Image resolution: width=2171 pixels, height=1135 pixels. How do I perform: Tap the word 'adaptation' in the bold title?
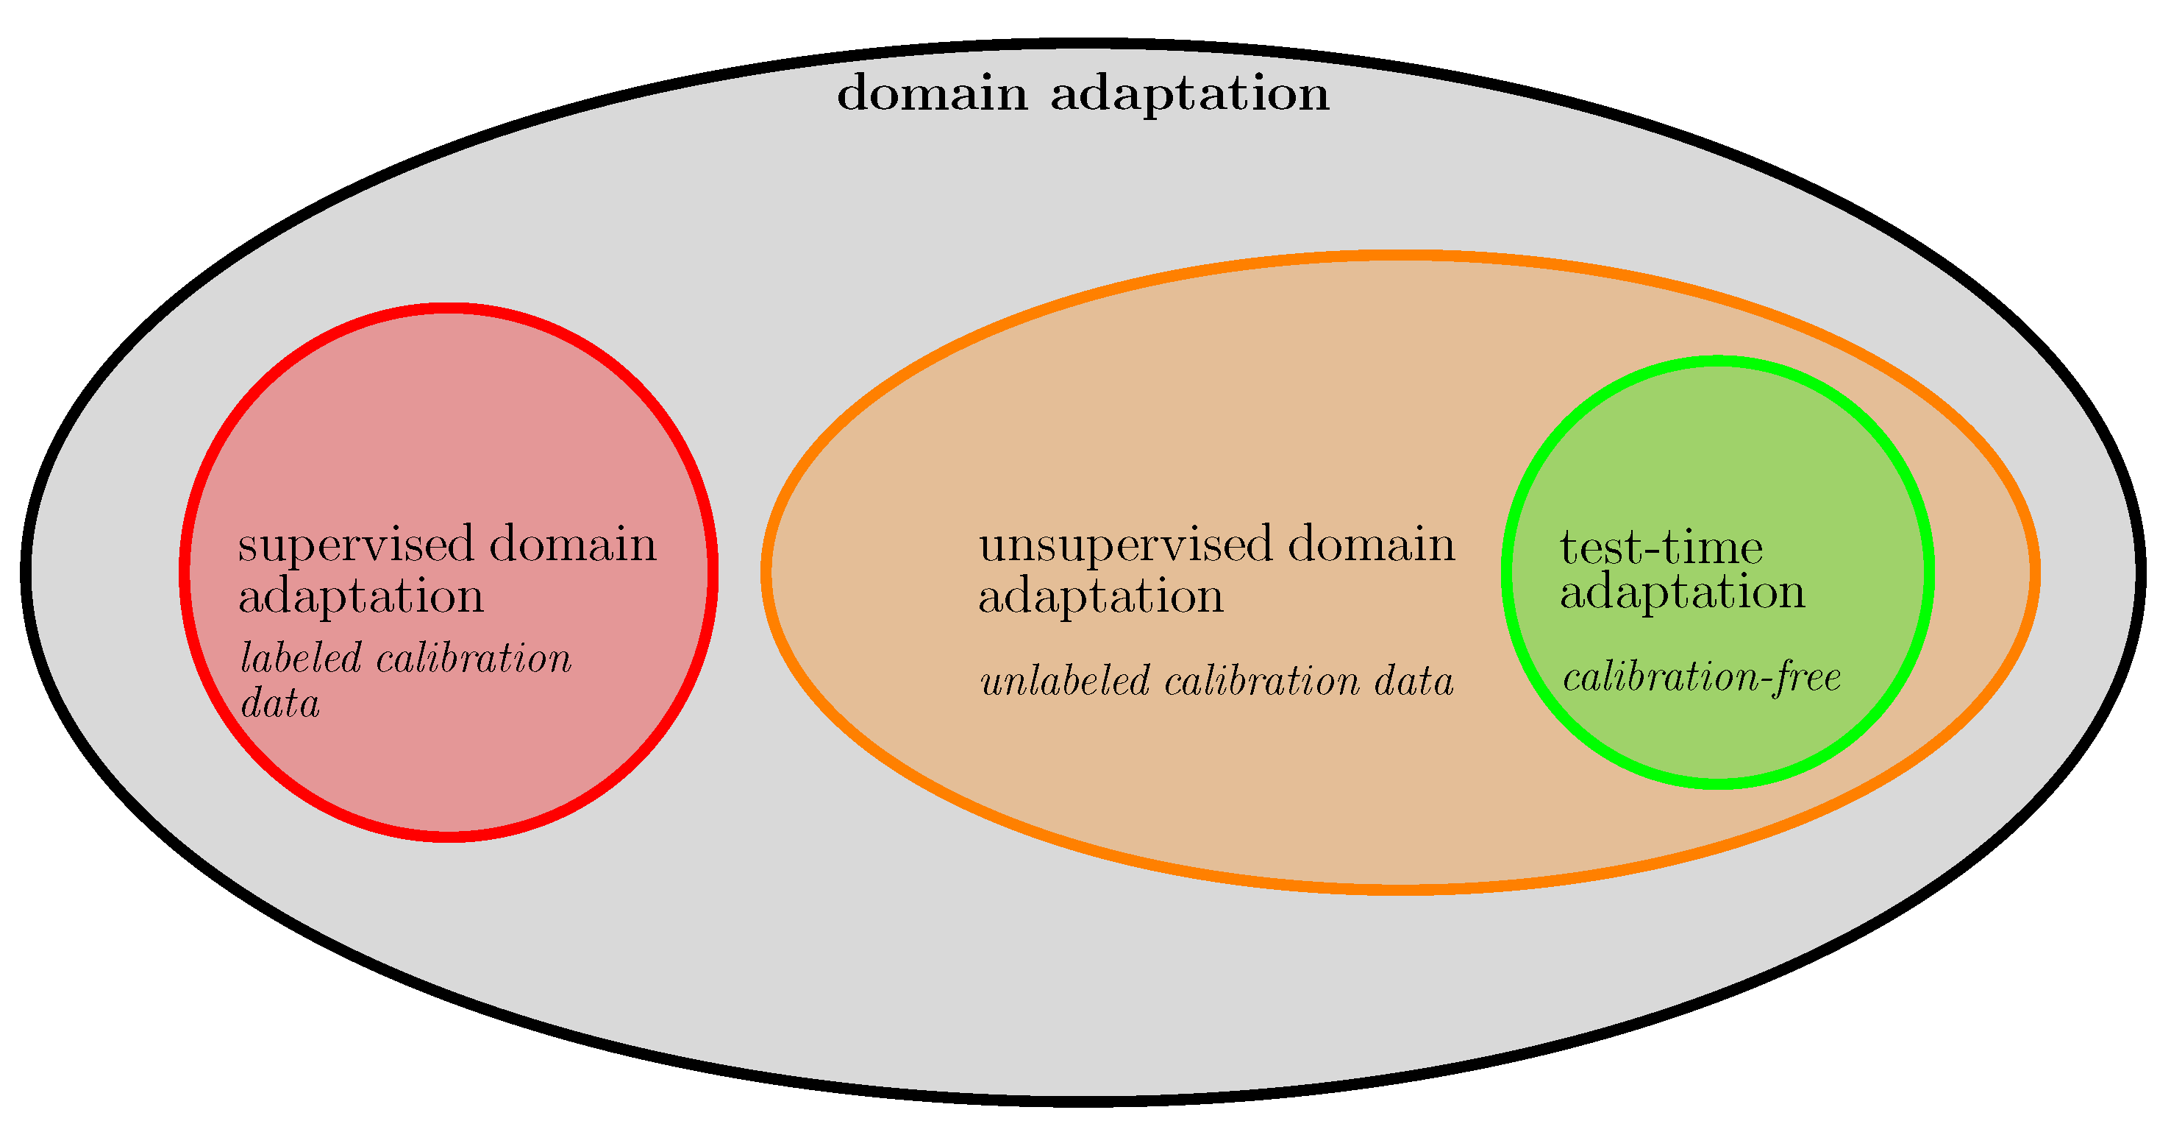click(1189, 94)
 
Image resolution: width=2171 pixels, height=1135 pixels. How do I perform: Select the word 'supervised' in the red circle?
click(357, 545)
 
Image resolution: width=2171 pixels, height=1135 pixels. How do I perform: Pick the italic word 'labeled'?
click(301, 658)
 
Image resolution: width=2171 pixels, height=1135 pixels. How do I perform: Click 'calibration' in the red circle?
click(474, 658)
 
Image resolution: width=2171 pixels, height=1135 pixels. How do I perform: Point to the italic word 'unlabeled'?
click(1064, 682)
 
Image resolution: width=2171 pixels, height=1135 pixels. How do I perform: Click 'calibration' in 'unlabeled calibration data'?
click(1262, 682)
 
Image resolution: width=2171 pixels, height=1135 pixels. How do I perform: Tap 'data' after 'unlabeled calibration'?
click(1414, 682)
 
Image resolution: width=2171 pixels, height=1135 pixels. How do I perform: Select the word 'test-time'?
click(1661, 548)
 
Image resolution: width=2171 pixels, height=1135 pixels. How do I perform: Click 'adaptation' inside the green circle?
click(1682, 593)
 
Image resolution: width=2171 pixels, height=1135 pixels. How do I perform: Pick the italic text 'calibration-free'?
click(1702, 678)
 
